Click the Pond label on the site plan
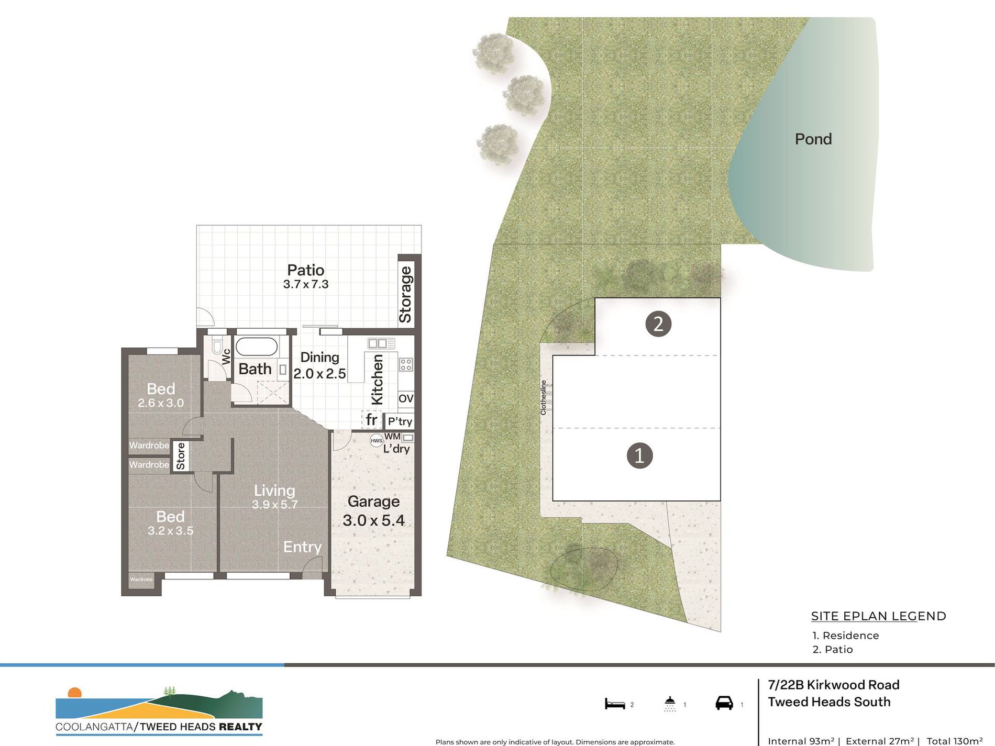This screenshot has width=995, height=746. (813, 139)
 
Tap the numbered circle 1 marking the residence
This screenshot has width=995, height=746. (639, 455)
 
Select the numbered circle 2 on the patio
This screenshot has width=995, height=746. (658, 324)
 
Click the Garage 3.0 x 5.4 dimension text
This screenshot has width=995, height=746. (373, 520)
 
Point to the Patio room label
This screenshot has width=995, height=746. (305, 270)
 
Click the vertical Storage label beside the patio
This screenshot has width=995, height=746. (406, 294)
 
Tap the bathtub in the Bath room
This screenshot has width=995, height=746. (256, 347)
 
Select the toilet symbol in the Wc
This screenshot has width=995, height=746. (217, 347)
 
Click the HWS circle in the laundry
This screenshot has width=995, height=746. (376, 440)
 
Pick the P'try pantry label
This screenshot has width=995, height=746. (400, 421)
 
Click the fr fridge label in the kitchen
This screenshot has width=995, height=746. (371, 419)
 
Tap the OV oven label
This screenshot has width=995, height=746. (406, 398)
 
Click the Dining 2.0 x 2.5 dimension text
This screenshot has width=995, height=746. (319, 374)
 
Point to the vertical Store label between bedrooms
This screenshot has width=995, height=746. (181, 456)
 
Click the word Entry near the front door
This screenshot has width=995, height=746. (302, 547)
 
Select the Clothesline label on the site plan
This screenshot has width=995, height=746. (543, 398)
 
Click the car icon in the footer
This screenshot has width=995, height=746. (724, 703)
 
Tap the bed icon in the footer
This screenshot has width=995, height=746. (615, 704)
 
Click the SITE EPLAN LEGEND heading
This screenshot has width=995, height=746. (878, 616)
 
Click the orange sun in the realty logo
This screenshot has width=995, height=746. (75, 693)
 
